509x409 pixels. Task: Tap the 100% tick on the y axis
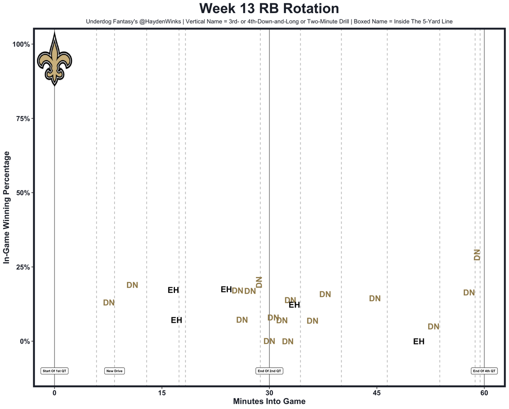tap(22, 44)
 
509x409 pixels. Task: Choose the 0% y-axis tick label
tap(25, 341)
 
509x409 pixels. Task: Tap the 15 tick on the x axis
tap(162, 393)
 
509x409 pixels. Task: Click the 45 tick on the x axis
tap(377, 393)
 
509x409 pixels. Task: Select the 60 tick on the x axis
tap(484, 393)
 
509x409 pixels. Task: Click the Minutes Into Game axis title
tap(269, 401)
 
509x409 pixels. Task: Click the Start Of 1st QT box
tap(54, 371)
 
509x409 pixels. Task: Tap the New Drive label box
tap(115, 371)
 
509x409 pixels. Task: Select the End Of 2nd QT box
tap(269, 371)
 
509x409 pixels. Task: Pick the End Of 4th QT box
tap(484, 371)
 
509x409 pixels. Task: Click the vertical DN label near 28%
tap(477, 255)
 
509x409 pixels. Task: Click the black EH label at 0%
tap(419, 341)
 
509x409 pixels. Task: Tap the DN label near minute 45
tap(375, 299)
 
